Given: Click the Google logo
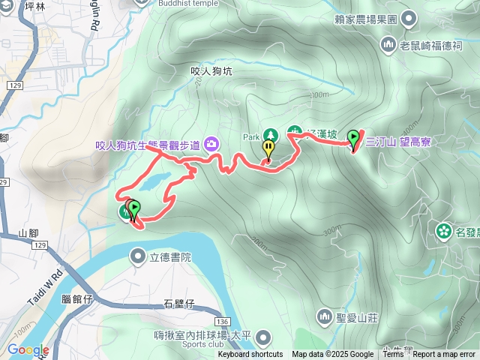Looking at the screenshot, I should coord(28,349).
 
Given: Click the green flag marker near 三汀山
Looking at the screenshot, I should coord(353,139).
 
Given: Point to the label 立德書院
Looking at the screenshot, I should coord(171,257).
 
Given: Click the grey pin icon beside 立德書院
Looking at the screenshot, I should coord(138,257).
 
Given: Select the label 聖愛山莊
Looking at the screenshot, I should coord(357,317).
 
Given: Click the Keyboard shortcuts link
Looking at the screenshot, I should coord(250,355).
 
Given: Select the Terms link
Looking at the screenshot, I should coord(393,355).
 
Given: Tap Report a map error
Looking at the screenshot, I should coord(444,355).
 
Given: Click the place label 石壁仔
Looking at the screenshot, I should coord(178,304).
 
